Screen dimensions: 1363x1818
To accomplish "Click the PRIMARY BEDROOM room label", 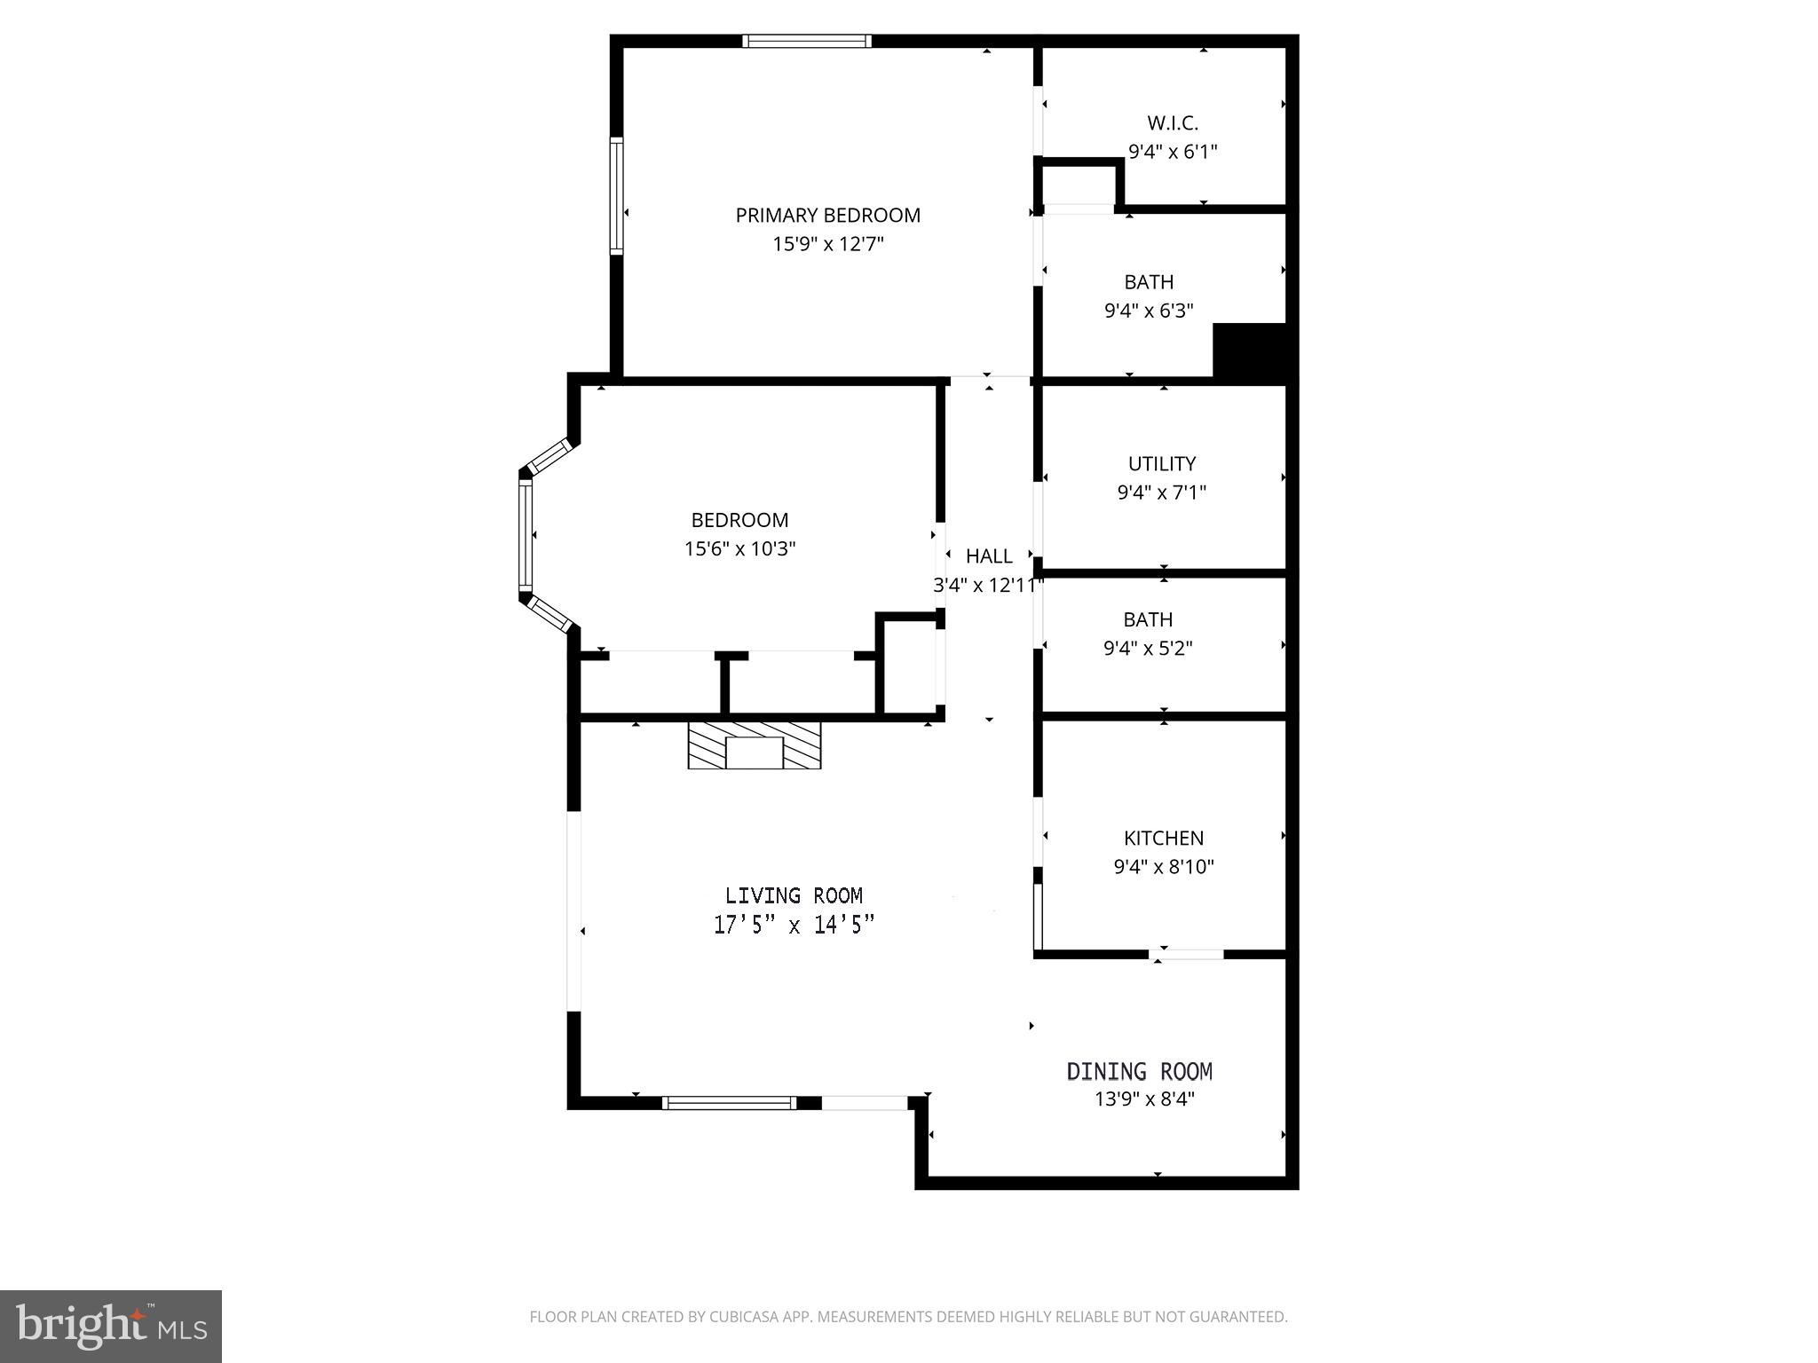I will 827,216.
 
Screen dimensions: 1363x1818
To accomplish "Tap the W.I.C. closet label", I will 1172,123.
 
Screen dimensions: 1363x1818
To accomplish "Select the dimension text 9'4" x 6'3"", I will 1148,311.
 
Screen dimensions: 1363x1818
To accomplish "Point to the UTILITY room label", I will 1161,464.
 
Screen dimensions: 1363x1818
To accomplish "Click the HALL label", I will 989,556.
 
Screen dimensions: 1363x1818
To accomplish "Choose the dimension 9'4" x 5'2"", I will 1147,649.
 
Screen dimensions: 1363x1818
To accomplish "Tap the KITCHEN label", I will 1163,839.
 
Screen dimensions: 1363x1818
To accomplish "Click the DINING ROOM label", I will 1139,1072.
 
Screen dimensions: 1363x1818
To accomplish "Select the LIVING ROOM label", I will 794,896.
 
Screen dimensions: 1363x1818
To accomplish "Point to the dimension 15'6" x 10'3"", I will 739,549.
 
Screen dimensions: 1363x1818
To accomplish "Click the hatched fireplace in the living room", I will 755,745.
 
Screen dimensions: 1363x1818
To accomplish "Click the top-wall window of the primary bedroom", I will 806,41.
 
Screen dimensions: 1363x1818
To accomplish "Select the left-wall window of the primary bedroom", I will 616,196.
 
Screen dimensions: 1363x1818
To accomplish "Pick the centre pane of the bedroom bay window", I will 526,535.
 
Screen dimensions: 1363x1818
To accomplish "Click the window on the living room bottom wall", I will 730,1103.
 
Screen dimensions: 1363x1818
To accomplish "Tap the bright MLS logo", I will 110,1327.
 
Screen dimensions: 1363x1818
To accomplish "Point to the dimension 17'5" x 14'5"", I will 794,926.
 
